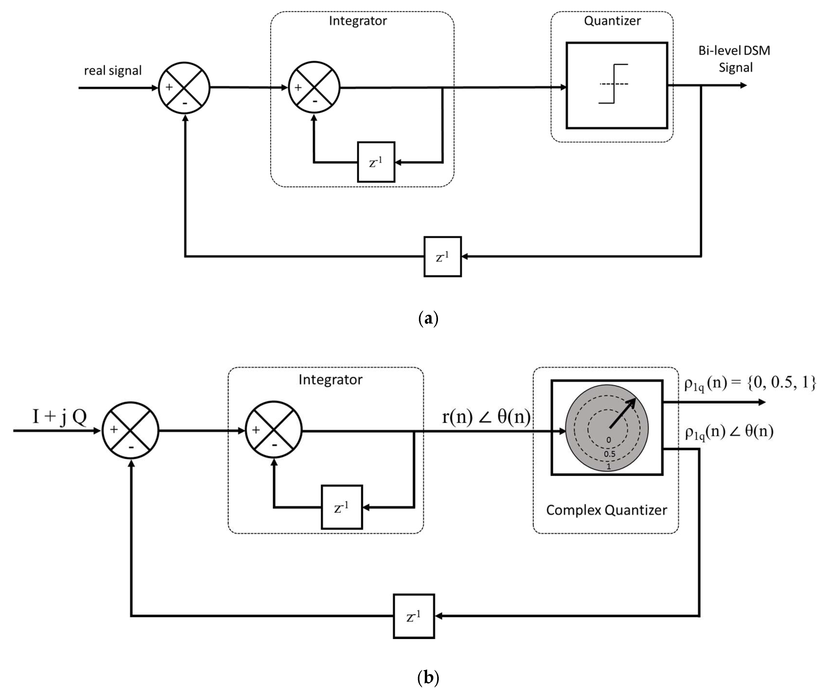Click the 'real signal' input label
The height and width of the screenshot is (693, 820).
(113, 71)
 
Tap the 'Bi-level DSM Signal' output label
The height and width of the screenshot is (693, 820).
(734, 59)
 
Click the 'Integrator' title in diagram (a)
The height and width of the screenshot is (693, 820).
(358, 21)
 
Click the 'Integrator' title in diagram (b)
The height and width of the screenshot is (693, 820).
(330, 380)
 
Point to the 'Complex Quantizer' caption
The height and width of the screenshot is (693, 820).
(606, 510)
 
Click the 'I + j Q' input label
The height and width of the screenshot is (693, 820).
(59, 416)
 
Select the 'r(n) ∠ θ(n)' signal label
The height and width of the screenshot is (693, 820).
(486, 416)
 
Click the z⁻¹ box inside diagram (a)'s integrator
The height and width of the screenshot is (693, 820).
(376, 162)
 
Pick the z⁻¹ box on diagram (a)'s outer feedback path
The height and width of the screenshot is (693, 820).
(442, 257)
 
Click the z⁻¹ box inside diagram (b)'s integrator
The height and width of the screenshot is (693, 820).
(342, 507)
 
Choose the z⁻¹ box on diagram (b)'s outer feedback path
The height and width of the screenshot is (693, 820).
(414, 616)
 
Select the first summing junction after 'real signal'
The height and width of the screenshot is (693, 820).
(184, 88)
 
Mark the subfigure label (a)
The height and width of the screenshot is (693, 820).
(428, 318)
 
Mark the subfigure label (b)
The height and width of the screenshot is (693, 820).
(428, 677)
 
